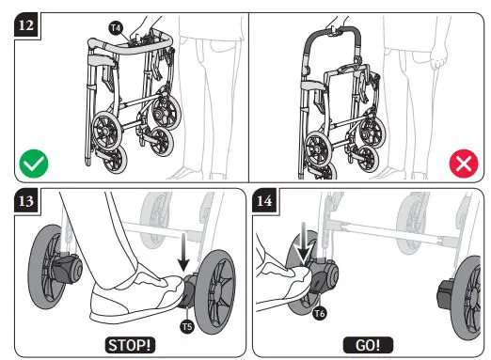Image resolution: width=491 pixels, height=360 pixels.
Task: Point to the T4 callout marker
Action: click(x=115, y=29)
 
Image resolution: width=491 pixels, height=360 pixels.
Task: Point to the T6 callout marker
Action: click(x=320, y=311)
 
